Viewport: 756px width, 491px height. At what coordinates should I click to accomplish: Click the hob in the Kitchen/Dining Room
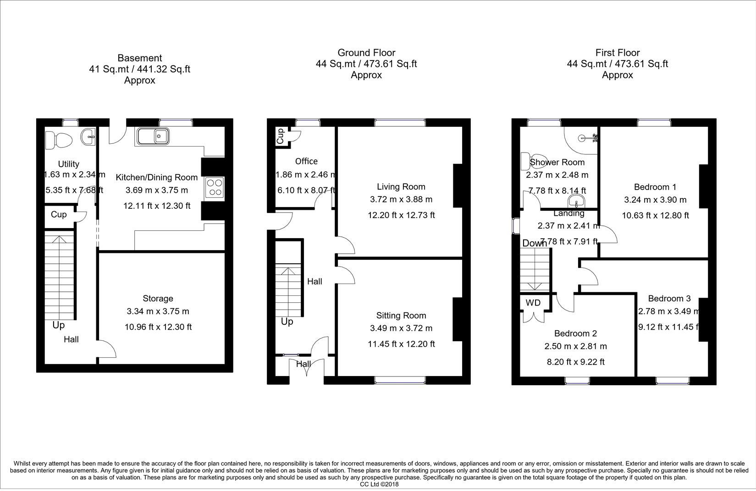215,187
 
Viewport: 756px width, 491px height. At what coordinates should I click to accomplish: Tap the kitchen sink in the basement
152,136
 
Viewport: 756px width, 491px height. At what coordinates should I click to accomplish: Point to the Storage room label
158,299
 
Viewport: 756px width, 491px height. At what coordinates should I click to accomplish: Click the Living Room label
401,186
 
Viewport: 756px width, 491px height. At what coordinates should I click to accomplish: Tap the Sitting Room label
401,315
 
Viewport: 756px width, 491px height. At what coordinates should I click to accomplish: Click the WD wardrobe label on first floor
533,303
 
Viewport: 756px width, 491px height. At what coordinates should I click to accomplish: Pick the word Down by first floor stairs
534,243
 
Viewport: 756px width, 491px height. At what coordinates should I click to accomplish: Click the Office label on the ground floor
306,161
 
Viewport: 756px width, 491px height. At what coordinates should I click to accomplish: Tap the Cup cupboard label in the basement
58,214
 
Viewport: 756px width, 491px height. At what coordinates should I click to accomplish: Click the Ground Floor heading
366,53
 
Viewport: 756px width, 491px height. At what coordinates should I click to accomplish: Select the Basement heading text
139,58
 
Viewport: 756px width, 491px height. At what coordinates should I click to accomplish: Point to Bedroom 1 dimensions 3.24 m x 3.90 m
655,200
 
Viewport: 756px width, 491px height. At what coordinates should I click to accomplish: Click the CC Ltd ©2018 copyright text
379,484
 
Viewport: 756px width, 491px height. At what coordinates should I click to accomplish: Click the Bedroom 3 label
669,299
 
